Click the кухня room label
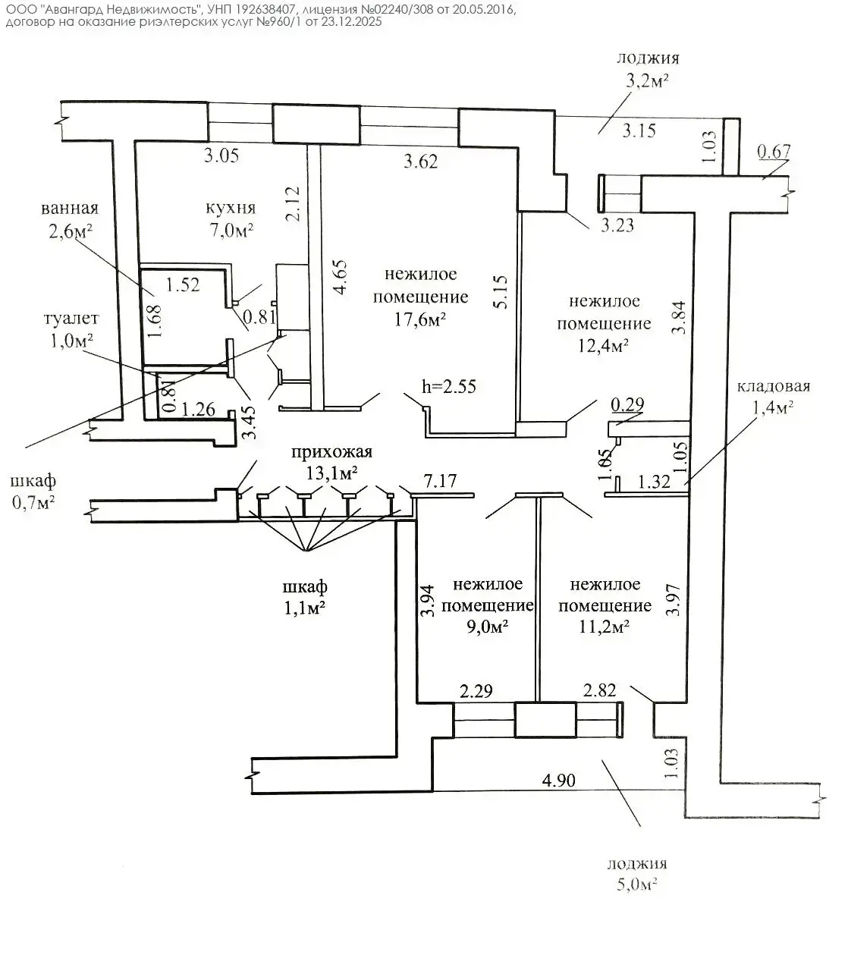tap(230, 208)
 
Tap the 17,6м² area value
tap(419, 320)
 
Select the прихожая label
tap(332, 452)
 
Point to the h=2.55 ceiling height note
tap(449, 387)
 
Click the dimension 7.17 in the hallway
tap(440, 481)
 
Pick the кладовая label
tap(773, 386)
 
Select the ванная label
tap(70, 208)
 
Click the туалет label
tap(71, 319)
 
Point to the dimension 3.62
tap(420, 162)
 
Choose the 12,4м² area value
tap(604, 345)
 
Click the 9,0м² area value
tap(487, 627)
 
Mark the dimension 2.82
tap(599, 691)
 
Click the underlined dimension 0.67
tap(774, 152)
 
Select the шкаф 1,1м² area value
tap(304, 608)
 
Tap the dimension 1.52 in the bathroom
tap(183, 285)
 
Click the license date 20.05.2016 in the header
tap(482, 10)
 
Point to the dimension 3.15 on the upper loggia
tap(639, 130)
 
